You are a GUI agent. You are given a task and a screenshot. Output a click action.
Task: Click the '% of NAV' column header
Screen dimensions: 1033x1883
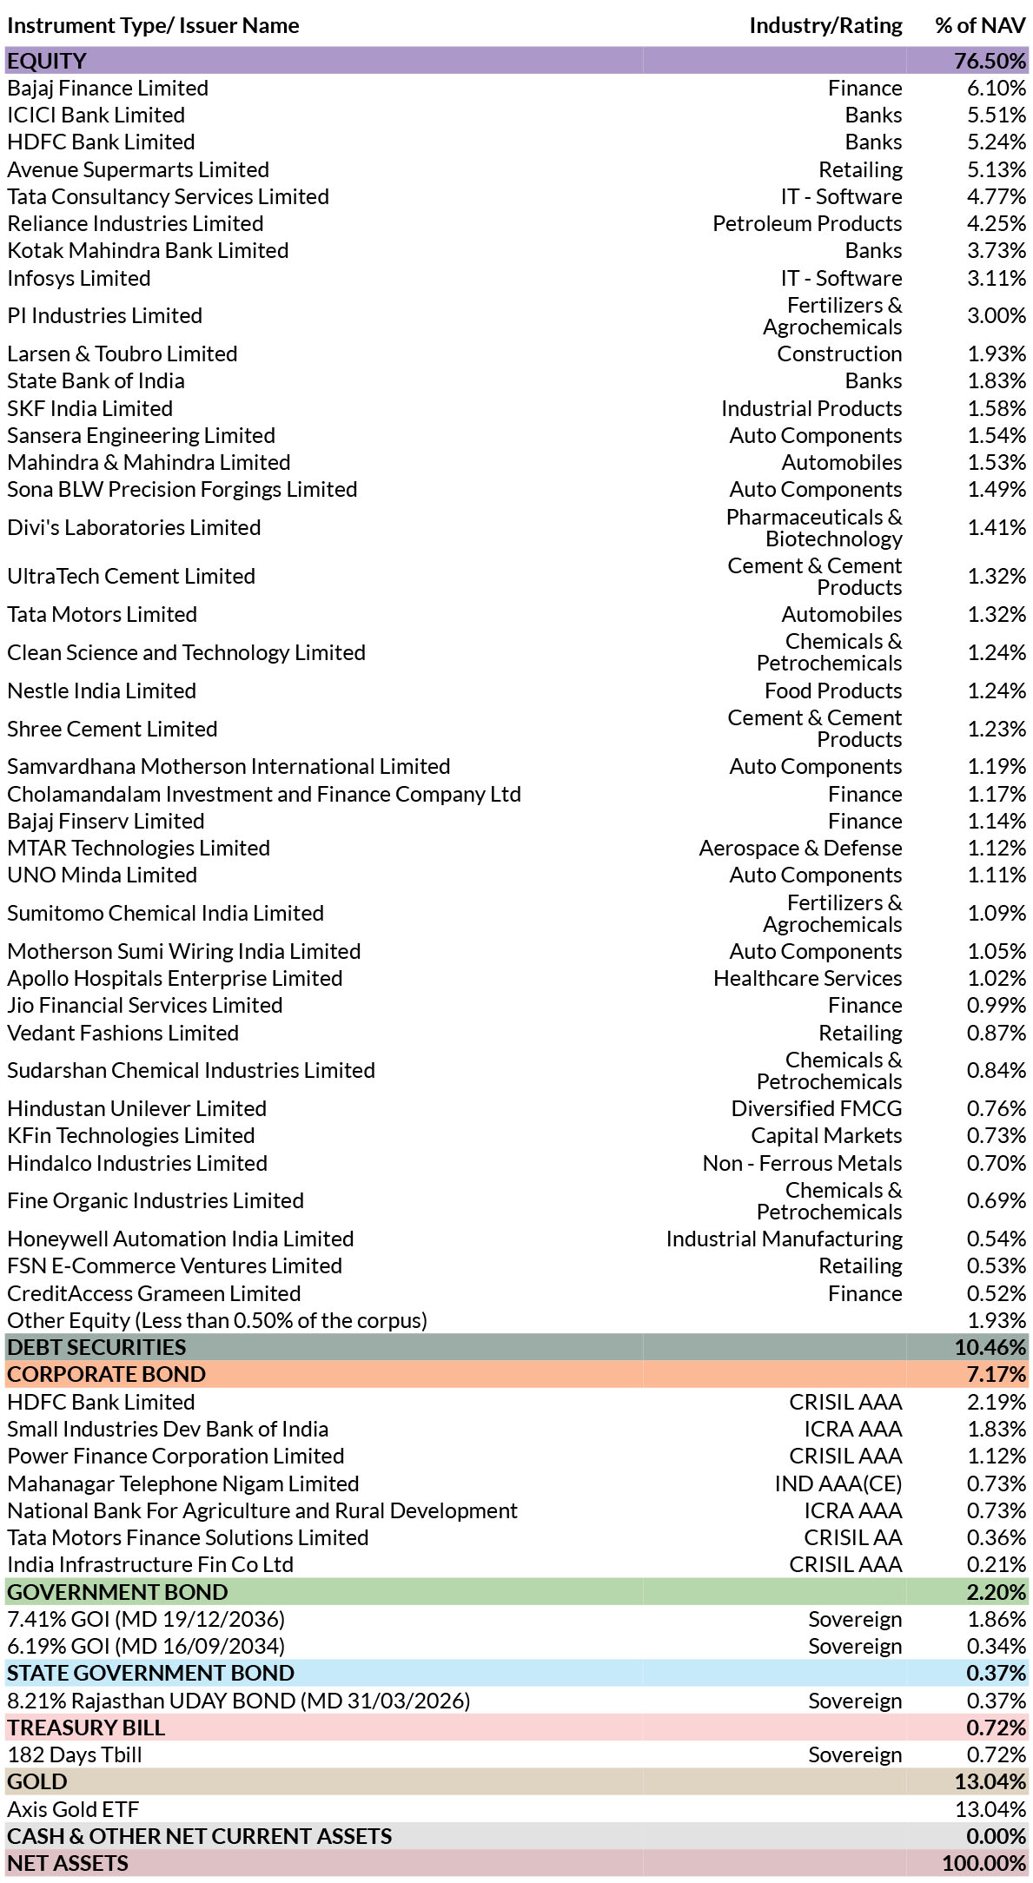coord(980,26)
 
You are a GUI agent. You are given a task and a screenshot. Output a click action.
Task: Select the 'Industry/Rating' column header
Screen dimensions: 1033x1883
coord(825,26)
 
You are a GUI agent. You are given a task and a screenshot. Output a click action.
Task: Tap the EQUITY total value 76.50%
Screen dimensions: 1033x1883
coord(990,62)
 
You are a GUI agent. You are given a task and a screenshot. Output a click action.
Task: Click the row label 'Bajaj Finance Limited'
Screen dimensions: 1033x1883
coord(108,89)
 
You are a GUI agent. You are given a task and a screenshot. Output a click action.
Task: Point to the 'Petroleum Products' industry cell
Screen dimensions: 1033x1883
coord(807,224)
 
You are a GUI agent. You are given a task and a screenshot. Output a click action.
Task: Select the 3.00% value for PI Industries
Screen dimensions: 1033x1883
coord(997,316)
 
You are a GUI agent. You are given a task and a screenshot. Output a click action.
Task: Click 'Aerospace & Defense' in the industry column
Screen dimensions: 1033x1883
coord(800,849)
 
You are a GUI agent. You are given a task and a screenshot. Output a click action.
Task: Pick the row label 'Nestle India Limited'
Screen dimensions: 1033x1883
coord(102,691)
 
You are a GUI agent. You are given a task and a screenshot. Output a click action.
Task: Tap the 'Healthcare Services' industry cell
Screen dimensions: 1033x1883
coord(807,979)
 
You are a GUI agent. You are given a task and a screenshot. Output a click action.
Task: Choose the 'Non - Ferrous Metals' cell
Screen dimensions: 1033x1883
coord(802,1164)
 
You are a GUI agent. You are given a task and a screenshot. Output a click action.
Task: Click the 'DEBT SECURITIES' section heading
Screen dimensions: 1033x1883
coord(96,1348)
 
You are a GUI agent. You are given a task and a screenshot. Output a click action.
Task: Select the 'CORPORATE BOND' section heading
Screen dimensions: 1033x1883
coord(106,1375)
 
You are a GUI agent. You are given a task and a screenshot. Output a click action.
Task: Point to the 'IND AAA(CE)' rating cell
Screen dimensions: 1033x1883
coord(838,1484)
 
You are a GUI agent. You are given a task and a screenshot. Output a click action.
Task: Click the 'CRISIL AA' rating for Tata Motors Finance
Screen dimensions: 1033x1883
coord(852,1538)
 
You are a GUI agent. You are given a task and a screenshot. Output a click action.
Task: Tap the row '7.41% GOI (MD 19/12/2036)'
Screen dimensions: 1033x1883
coord(146,1620)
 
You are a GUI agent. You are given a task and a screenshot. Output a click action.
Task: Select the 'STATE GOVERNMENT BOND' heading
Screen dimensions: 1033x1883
coord(150,1674)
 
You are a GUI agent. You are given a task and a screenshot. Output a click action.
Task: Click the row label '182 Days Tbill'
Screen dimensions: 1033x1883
coord(74,1755)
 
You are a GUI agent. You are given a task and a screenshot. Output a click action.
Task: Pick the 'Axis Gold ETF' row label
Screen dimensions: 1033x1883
coord(73,1810)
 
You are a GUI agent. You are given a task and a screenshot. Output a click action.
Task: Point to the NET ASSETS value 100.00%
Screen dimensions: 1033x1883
coord(984,1864)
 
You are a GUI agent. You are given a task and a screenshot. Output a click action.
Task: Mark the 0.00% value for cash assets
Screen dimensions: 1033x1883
coord(997,1837)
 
